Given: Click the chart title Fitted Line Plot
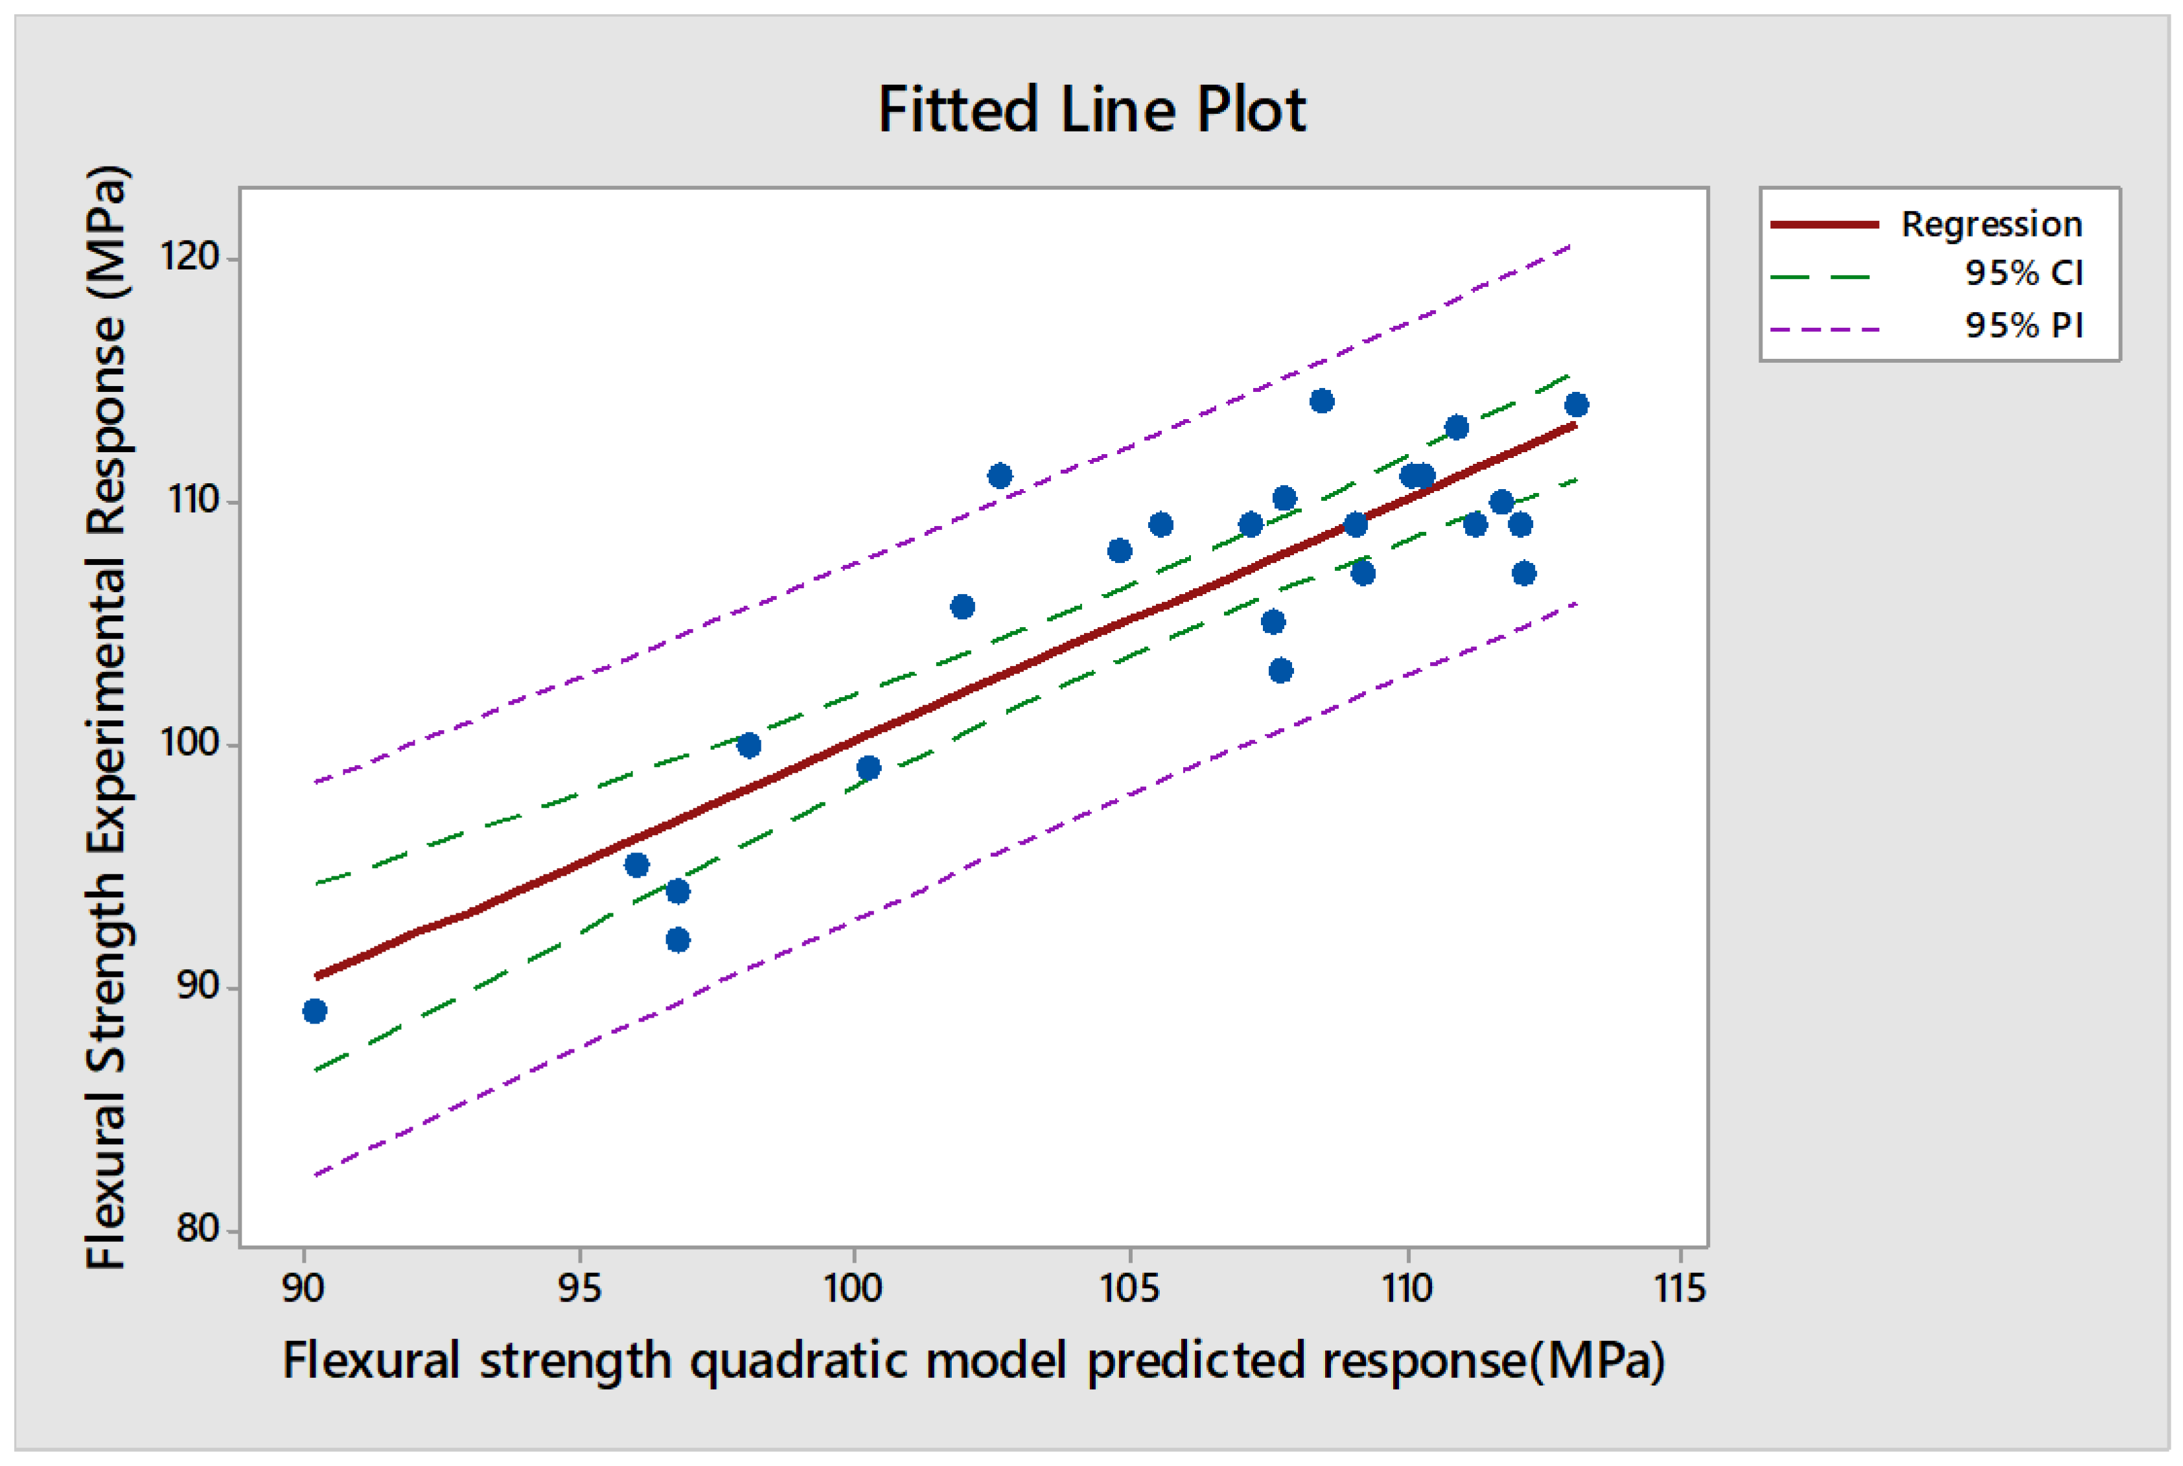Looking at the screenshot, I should [1091, 109].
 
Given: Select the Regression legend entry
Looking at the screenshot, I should [1991, 224].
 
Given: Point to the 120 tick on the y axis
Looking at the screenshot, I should [190, 255].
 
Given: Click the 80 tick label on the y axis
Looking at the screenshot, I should [197, 1228].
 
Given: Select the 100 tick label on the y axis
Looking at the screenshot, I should [190, 742].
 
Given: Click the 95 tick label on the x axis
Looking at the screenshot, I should [579, 1289].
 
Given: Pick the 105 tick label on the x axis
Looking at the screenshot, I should [1129, 1289].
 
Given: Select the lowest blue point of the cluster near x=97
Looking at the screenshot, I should [678, 939].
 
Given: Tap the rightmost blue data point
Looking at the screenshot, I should [1577, 405].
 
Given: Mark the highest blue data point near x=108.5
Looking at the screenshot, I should [1322, 401].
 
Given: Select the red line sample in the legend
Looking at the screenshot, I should [1824, 224].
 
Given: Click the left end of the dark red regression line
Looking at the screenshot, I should [319, 976].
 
